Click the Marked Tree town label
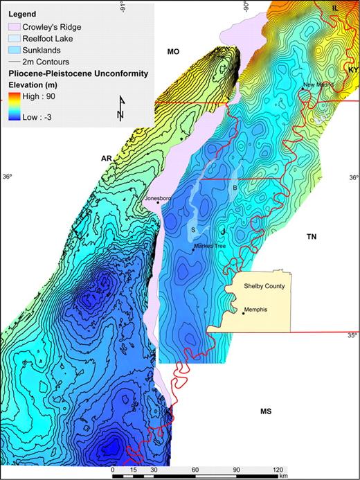(210, 246)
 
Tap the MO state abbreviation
(174, 51)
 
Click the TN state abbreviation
(312, 237)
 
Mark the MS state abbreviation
(264, 411)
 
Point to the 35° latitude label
(352, 336)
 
